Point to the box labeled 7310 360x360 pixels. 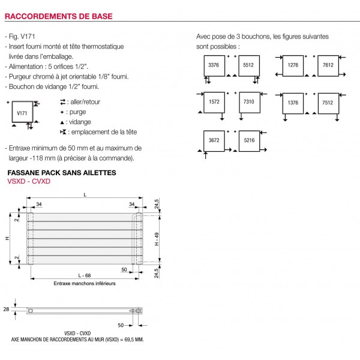coord(249,103)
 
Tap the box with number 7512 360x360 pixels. coord(329,103)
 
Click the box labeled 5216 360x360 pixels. coord(249,140)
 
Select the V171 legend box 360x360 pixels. coord(22,112)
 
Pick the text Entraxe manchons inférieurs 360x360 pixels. coord(84,283)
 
